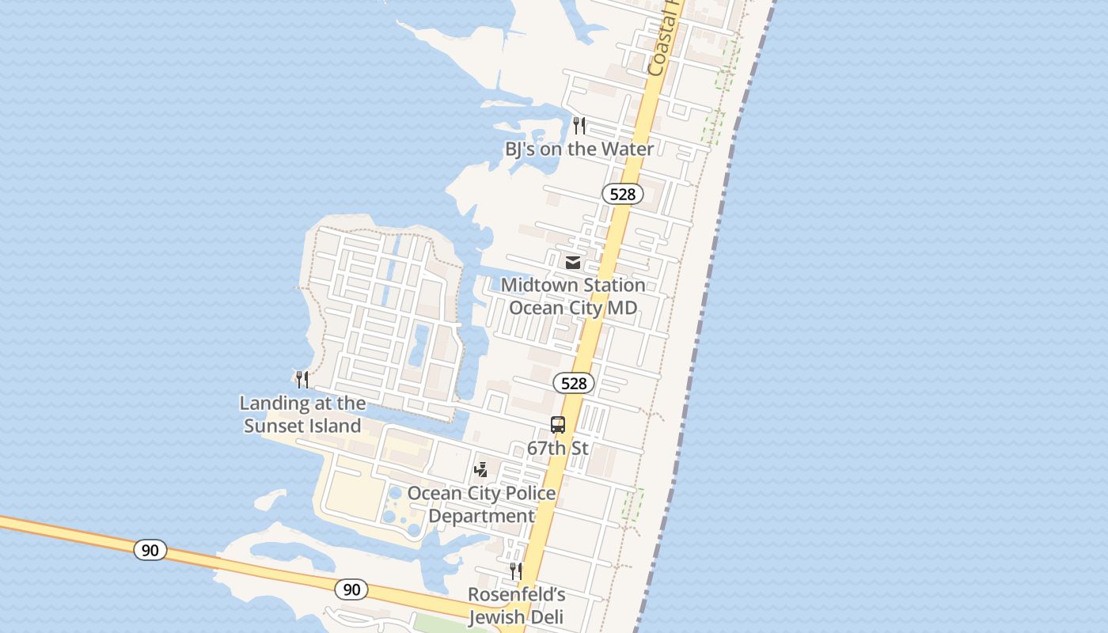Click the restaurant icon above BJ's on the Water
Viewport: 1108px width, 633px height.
pos(579,125)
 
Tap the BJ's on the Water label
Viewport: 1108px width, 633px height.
pos(579,149)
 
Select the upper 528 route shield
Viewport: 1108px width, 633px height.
pos(622,194)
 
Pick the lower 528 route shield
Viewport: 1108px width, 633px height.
pos(573,384)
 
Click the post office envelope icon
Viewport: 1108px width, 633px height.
pos(573,262)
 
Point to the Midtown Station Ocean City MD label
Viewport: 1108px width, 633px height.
pos(573,296)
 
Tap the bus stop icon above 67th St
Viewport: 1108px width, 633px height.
pos(558,425)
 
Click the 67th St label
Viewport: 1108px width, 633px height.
pos(558,448)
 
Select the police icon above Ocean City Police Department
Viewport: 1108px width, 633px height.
pos(480,470)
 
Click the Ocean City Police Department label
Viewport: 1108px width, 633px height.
pos(481,504)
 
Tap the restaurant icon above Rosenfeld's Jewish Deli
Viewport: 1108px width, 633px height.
pos(515,570)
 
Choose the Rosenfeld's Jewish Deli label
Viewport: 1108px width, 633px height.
pos(516,605)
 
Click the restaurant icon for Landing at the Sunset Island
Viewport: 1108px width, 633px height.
pos(302,380)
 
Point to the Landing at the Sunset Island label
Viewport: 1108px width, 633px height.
pos(302,414)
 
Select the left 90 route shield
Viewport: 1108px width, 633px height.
pos(150,550)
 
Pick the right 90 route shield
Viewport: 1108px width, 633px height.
pos(351,589)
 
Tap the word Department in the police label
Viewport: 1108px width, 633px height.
pos(481,516)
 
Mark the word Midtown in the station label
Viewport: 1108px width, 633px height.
pos(536,285)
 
